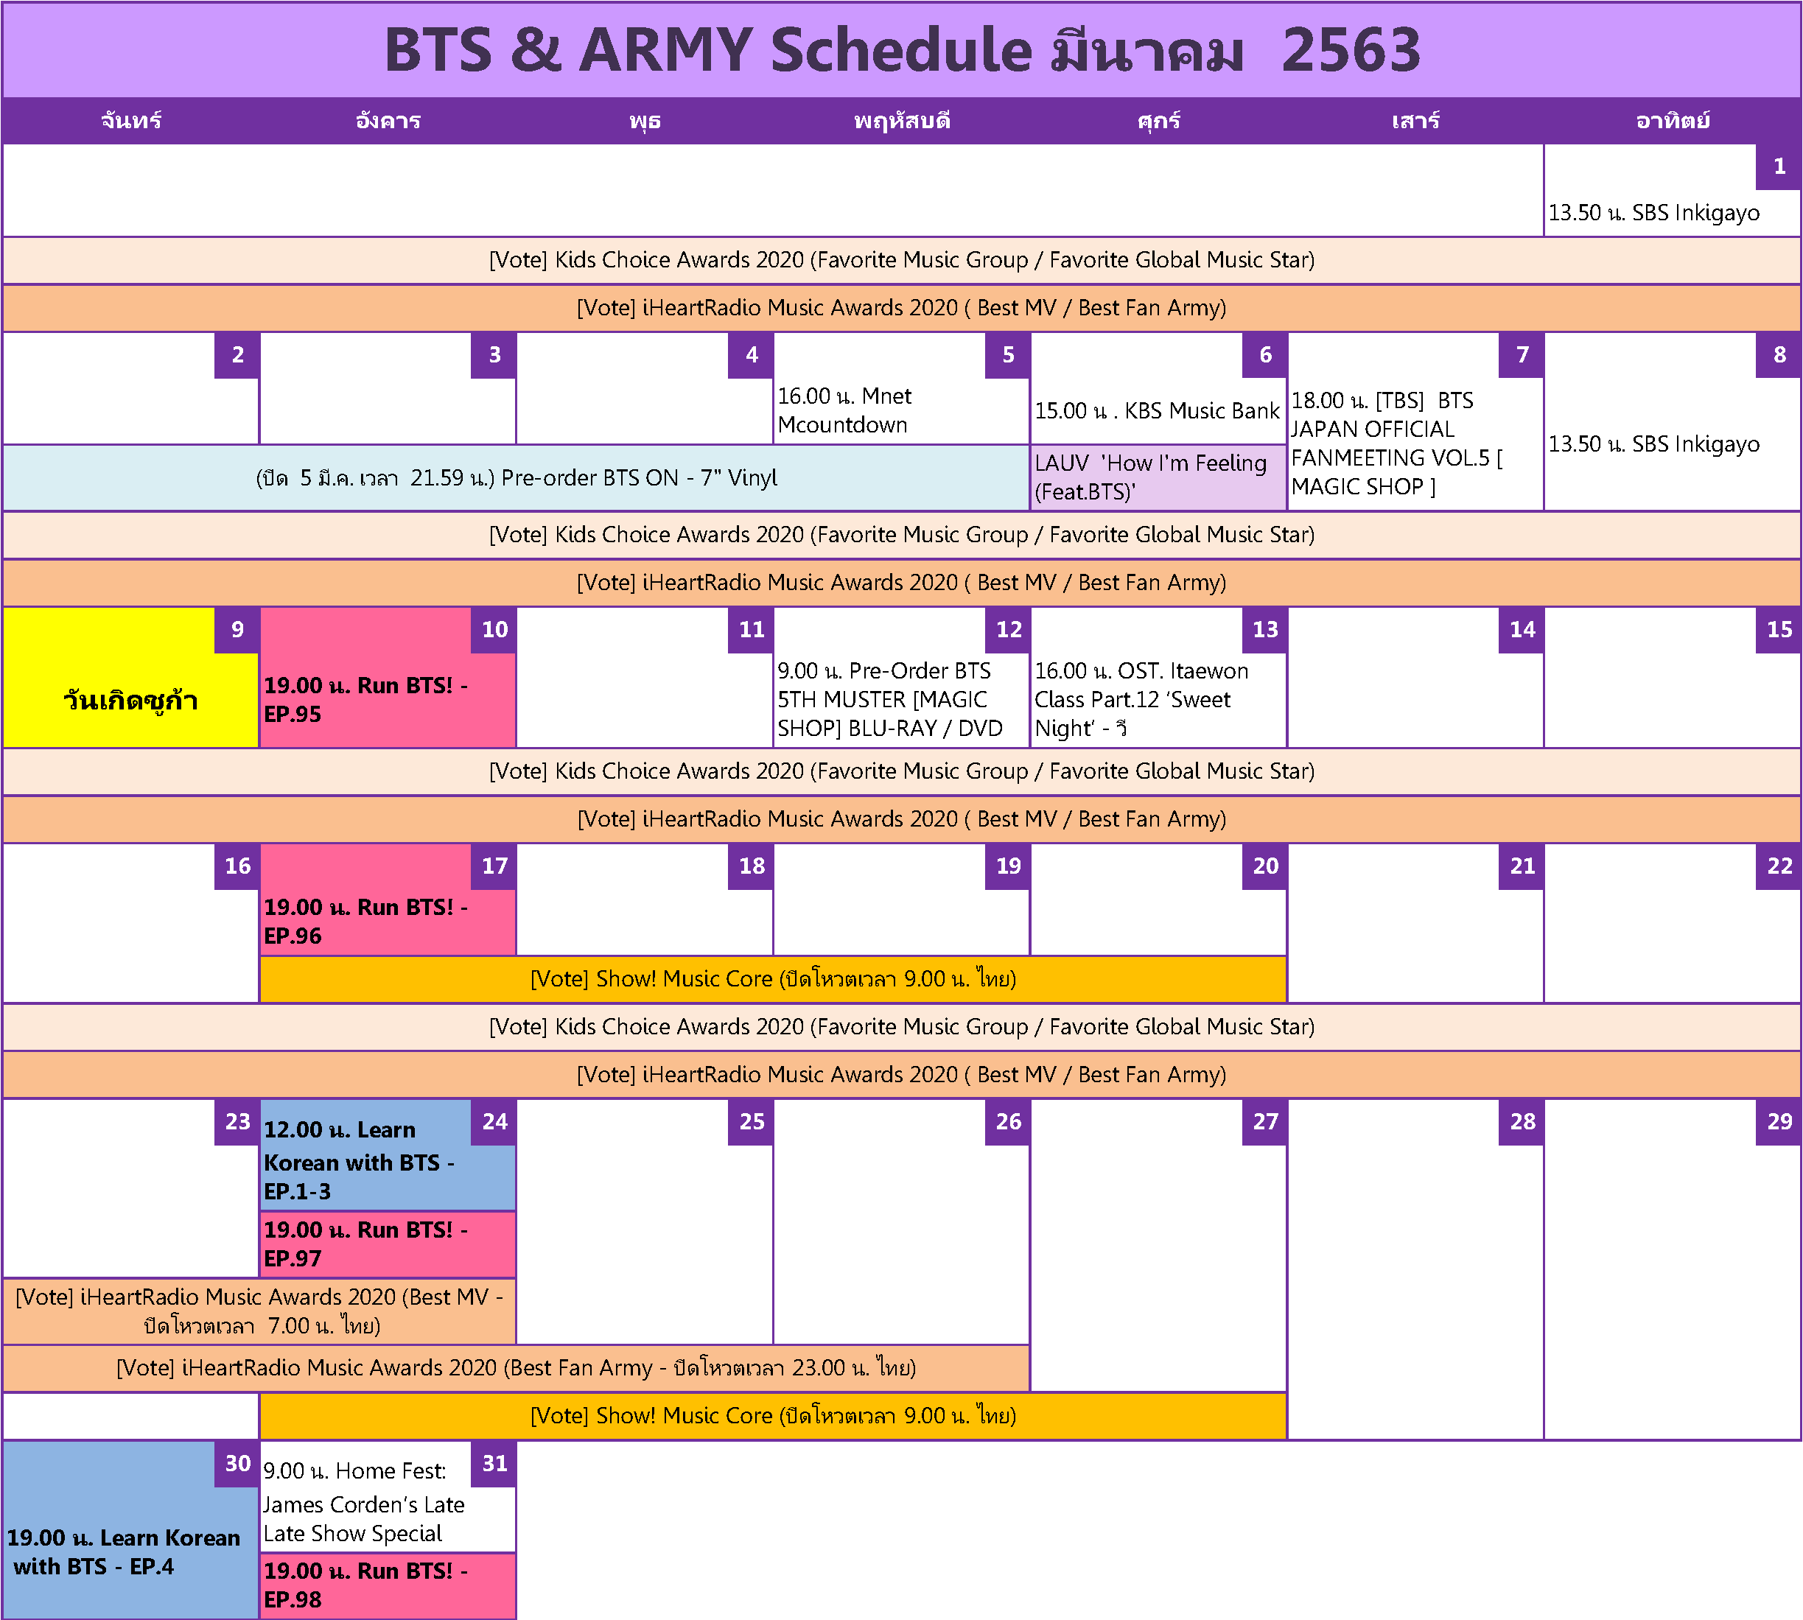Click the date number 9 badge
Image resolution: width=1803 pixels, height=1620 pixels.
tap(237, 630)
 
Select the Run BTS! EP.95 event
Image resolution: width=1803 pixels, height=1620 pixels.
tap(388, 701)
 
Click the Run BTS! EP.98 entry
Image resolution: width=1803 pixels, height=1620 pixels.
tap(388, 1585)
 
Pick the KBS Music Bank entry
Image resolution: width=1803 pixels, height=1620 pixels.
tap(1158, 411)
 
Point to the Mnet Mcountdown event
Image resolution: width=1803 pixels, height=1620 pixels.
tap(901, 410)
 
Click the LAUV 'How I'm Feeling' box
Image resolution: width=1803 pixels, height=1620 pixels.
tap(1158, 477)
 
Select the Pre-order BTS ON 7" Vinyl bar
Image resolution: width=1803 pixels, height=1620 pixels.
tap(516, 477)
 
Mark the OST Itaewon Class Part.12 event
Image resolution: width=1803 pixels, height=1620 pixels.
tap(1158, 701)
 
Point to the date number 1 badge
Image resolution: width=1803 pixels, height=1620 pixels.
tap(1778, 166)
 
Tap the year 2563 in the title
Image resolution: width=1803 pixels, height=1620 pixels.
tap(1351, 50)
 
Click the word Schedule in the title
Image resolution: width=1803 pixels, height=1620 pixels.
tap(901, 50)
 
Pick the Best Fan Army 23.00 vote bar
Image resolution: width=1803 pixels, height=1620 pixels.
tap(516, 1368)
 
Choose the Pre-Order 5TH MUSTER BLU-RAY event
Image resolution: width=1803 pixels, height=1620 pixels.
tap(901, 701)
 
